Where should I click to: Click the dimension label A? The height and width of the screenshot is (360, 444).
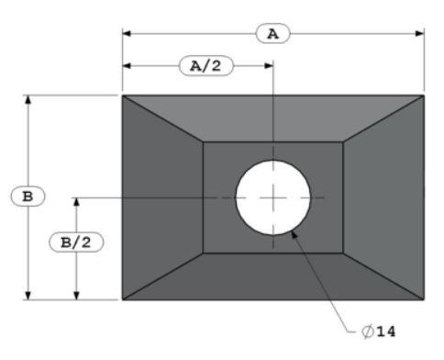[x=272, y=34]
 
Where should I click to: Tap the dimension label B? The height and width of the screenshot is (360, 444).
[x=28, y=197]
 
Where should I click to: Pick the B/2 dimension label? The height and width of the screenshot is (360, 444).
[x=75, y=242]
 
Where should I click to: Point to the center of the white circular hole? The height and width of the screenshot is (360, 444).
[x=273, y=197]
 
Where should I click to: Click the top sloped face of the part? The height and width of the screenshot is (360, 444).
[x=273, y=118]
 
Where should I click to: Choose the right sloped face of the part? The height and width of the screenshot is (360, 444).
[x=384, y=197]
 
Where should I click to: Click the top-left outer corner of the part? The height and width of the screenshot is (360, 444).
[x=123, y=96]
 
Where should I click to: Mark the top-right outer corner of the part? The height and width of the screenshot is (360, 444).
[x=425, y=96]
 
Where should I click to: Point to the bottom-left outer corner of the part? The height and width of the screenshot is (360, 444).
[x=123, y=299]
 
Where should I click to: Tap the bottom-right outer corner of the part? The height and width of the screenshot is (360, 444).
[x=425, y=299]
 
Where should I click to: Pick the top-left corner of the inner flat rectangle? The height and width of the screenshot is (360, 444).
[x=203, y=142]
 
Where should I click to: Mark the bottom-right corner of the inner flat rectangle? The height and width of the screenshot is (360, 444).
[x=344, y=253]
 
